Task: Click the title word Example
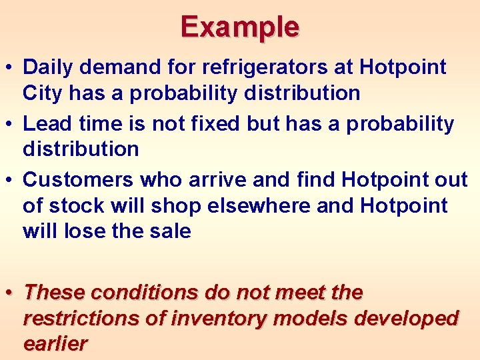point(240,27)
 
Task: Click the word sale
point(169,231)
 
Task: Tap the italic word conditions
point(143,293)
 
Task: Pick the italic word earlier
point(55,344)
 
